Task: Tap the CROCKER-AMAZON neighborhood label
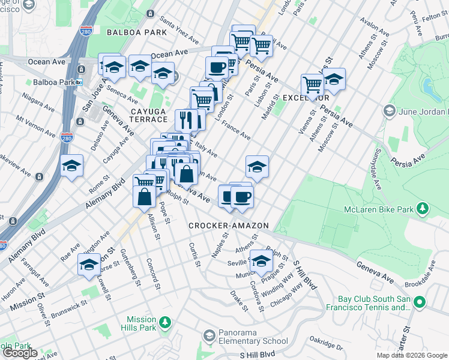click(228, 226)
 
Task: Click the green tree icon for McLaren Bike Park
click(423, 208)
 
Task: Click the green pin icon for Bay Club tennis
click(420, 302)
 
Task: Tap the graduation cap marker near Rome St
click(72, 166)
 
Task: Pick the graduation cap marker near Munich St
click(261, 260)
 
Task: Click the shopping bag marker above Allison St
click(145, 196)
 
